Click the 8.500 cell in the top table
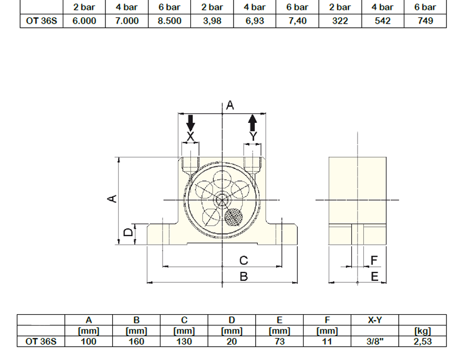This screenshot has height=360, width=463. pyautogui.click(x=169, y=21)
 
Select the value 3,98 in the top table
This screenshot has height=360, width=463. pyautogui.click(x=212, y=21)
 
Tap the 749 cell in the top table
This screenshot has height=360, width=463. pyautogui.click(x=425, y=21)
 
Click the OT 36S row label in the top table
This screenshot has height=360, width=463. pyautogui.click(x=41, y=21)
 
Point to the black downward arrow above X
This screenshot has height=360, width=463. pyautogui.click(x=191, y=123)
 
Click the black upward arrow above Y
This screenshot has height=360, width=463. pyautogui.click(x=253, y=123)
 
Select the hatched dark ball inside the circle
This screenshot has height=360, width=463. pyautogui.click(x=234, y=217)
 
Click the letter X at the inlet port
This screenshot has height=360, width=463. pyautogui.click(x=190, y=137)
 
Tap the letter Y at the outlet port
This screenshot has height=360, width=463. pyautogui.click(x=253, y=136)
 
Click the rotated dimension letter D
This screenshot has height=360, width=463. pyautogui.click(x=128, y=232)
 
